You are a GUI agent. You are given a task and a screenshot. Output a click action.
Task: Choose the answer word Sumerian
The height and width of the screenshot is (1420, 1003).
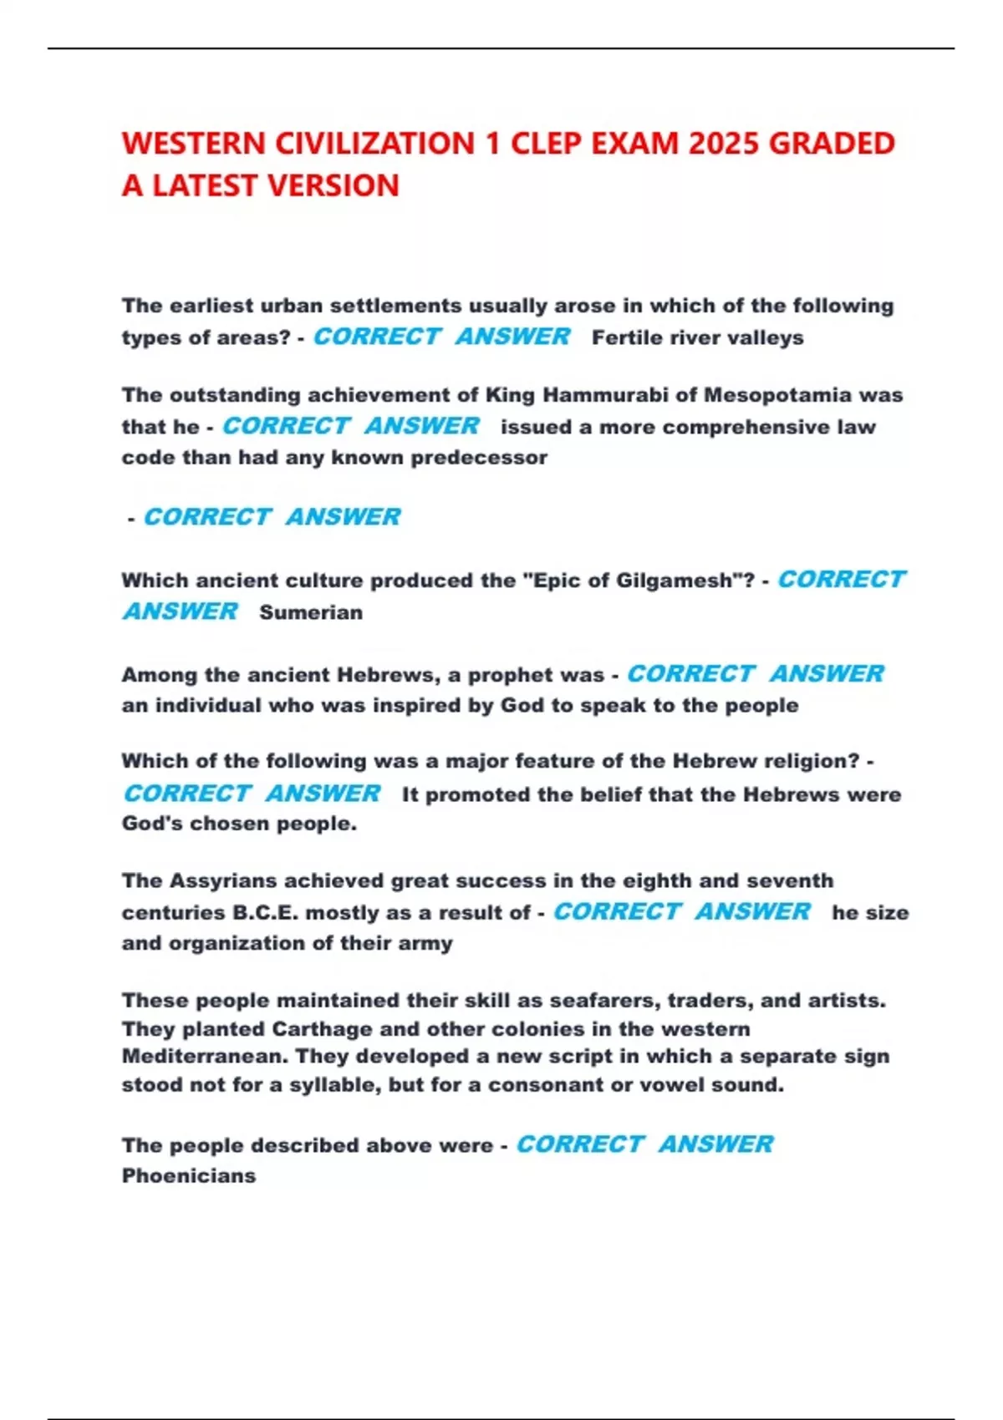tap(311, 612)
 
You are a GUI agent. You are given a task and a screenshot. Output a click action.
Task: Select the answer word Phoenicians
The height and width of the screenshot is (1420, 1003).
tap(189, 1176)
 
